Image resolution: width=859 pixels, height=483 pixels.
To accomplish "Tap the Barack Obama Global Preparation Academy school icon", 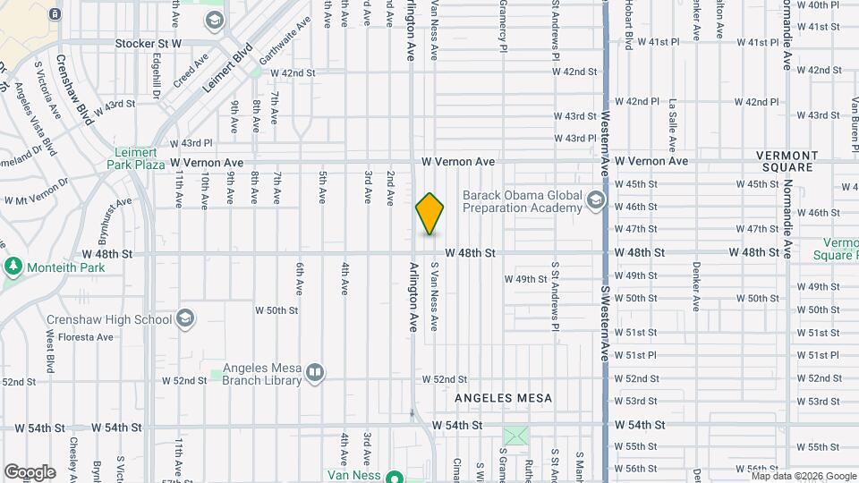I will (x=596, y=202).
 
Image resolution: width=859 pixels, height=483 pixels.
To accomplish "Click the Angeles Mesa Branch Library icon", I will (x=314, y=373).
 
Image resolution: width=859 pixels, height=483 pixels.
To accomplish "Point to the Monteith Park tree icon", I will (x=13, y=267).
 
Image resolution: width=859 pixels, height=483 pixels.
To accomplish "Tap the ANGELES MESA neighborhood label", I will (x=504, y=397).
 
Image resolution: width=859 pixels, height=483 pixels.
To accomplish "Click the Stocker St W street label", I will (x=149, y=43).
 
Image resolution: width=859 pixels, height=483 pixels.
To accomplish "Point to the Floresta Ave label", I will (x=92, y=337).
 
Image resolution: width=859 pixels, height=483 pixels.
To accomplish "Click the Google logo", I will (x=30, y=471).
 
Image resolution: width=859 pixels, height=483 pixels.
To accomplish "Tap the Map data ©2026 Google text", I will (x=803, y=476).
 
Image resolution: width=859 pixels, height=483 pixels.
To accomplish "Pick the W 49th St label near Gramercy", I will (x=525, y=279).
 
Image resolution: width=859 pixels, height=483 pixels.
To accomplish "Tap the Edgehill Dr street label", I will (x=157, y=71).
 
